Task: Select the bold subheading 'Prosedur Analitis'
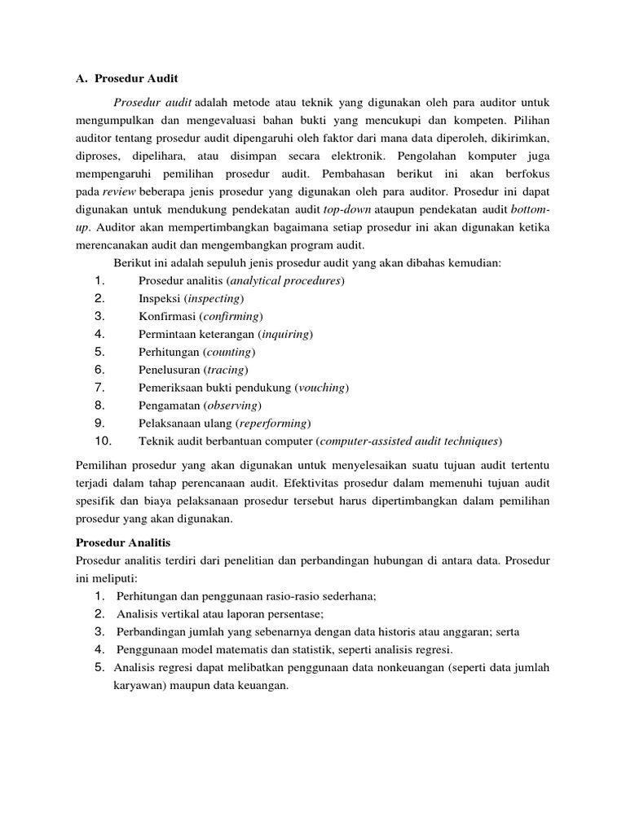coord(122,541)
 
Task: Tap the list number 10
coord(103,441)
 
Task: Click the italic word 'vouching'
coord(322,388)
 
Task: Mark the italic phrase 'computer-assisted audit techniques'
coord(409,441)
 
